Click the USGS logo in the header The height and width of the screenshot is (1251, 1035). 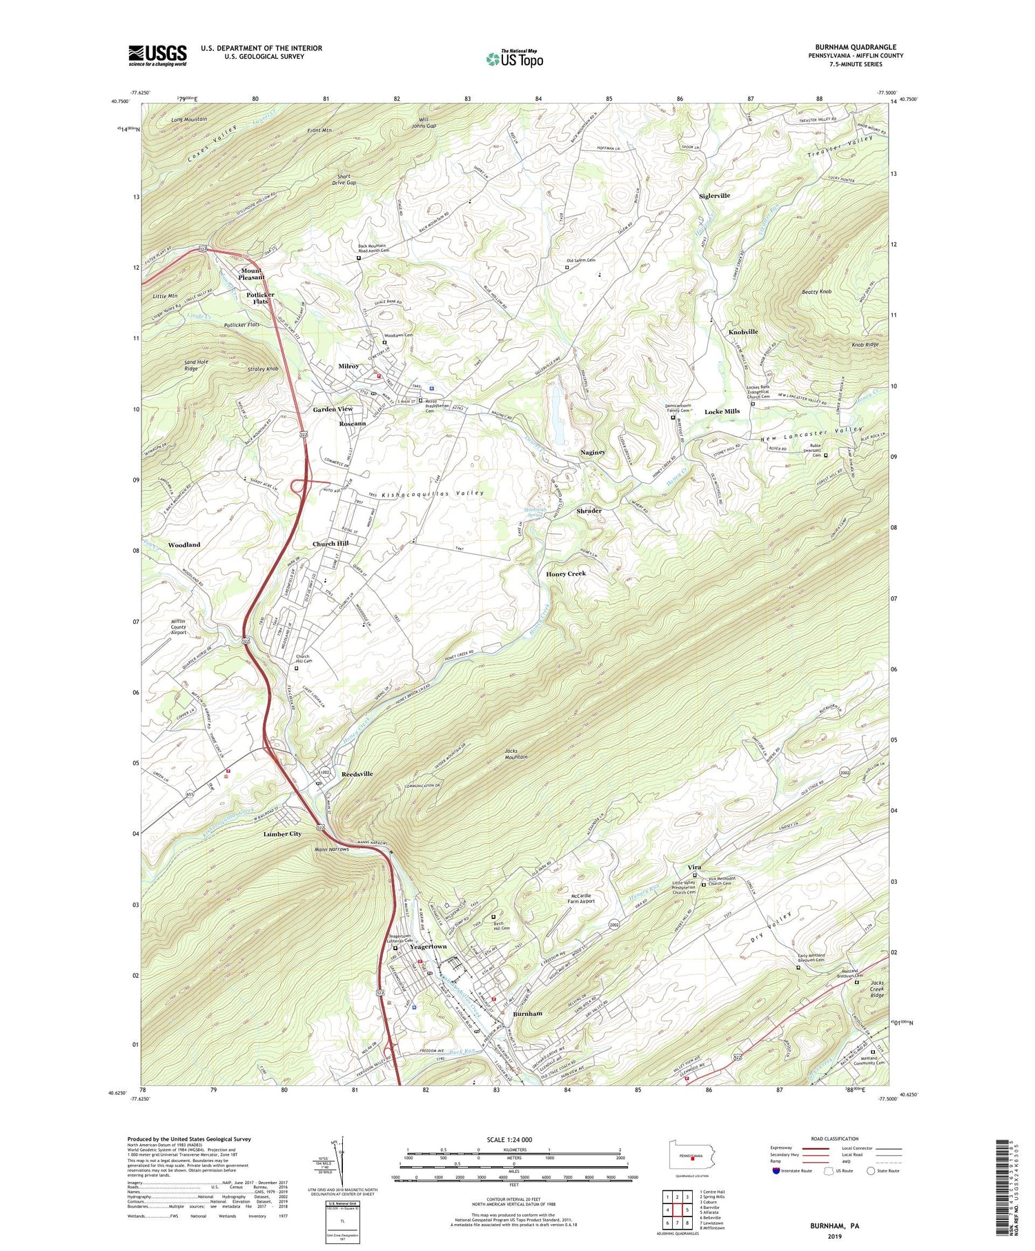point(157,55)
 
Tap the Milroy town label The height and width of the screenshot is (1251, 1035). point(348,366)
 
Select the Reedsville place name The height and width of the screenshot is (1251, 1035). point(357,774)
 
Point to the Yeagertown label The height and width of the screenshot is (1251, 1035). point(428,947)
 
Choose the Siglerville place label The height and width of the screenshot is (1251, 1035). point(714,196)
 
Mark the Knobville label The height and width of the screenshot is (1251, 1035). point(743,332)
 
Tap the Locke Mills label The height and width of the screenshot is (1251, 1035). point(722,411)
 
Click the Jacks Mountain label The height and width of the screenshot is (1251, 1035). point(516,753)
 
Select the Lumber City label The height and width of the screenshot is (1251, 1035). point(282,834)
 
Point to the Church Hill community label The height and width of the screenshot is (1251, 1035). point(331,544)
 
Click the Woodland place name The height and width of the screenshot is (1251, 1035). point(184,544)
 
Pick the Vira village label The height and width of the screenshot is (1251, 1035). point(694,867)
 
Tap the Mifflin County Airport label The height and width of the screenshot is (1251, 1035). point(179,627)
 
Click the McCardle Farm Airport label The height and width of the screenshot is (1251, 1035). point(581,898)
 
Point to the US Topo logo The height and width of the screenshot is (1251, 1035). point(515,59)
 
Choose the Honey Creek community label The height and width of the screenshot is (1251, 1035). point(566,573)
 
